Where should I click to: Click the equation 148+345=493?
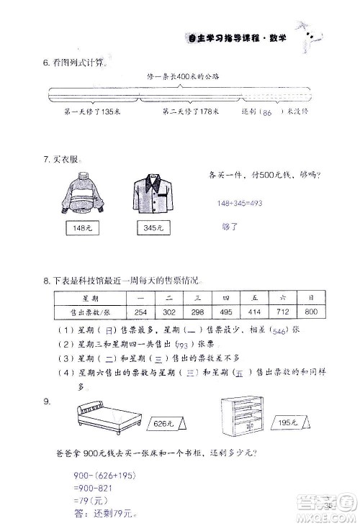point(240,204)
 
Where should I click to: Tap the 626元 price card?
point(163,425)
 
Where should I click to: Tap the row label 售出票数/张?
point(90,312)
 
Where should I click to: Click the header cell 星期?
point(90,296)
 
